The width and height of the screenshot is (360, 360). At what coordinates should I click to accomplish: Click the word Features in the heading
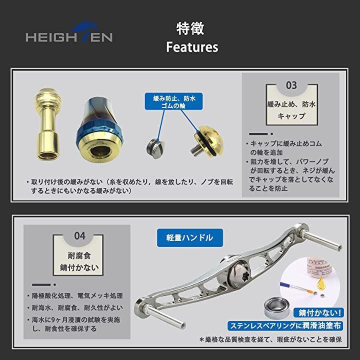(x=192, y=47)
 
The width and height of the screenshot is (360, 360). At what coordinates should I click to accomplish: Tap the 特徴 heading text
(x=190, y=28)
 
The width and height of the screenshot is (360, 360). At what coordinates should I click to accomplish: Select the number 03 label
(x=291, y=85)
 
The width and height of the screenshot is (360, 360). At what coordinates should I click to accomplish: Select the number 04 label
(x=79, y=236)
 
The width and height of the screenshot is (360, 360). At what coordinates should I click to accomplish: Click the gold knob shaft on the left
(x=48, y=124)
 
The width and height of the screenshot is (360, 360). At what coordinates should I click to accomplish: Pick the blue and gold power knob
(x=99, y=129)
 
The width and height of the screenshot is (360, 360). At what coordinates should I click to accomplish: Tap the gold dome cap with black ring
(x=207, y=140)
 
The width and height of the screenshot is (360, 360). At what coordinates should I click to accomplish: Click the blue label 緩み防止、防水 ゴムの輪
(x=173, y=101)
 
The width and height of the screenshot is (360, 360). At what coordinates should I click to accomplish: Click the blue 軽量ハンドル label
(x=189, y=238)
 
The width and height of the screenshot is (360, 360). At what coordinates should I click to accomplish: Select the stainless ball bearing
(x=277, y=308)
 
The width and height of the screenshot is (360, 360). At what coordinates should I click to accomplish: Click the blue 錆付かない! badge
(x=318, y=312)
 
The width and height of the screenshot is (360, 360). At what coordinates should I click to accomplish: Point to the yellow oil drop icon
(x=320, y=283)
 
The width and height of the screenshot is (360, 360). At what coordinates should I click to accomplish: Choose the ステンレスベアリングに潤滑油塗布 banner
(x=285, y=326)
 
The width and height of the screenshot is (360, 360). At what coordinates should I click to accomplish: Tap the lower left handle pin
(x=160, y=314)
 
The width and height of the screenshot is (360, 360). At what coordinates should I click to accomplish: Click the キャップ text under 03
(x=291, y=116)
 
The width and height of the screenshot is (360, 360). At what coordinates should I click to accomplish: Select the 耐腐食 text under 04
(x=79, y=255)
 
